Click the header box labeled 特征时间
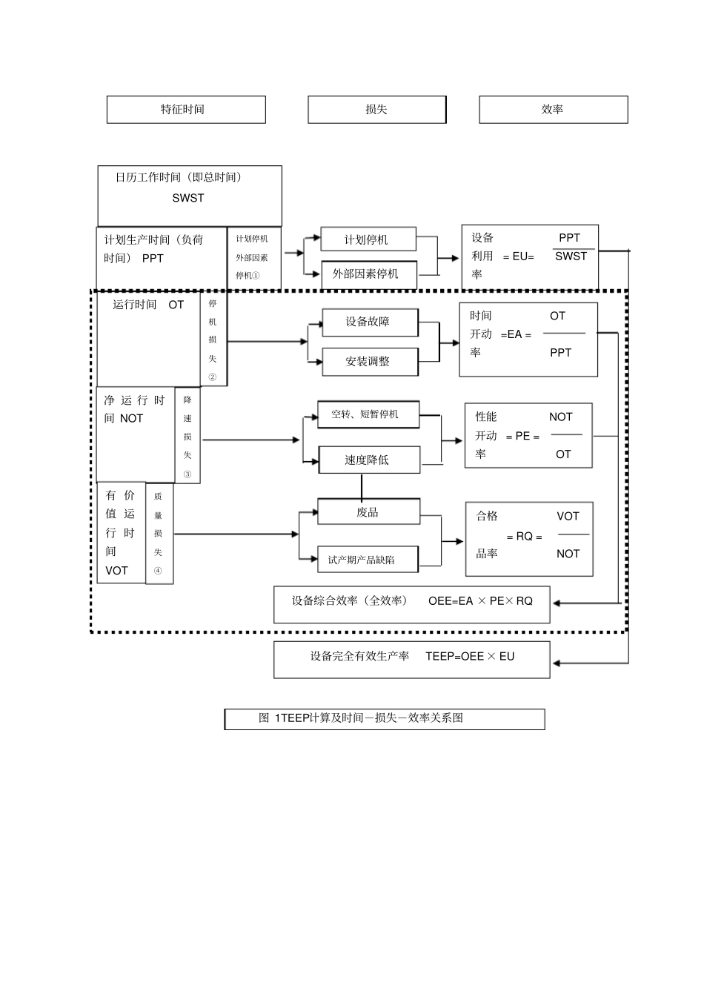[186, 110]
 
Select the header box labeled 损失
[376, 110]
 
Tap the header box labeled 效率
[553, 110]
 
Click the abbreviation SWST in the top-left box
[188, 198]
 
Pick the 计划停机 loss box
[368, 239]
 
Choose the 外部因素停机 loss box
[368, 274]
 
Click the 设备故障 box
[369, 322]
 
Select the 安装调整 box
[369, 362]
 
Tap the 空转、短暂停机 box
[368, 414]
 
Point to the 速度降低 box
[368, 460]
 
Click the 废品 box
[368, 511]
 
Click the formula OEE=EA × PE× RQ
[480, 600]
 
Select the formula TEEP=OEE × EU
[470, 656]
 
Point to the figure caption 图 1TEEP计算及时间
[361, 718]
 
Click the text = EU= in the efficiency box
[518, 256]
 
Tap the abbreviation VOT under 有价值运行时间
[116, 571]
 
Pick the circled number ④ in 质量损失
[158, 572]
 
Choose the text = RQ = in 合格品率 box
[524, 536]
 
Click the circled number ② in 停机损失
[213, 377]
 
